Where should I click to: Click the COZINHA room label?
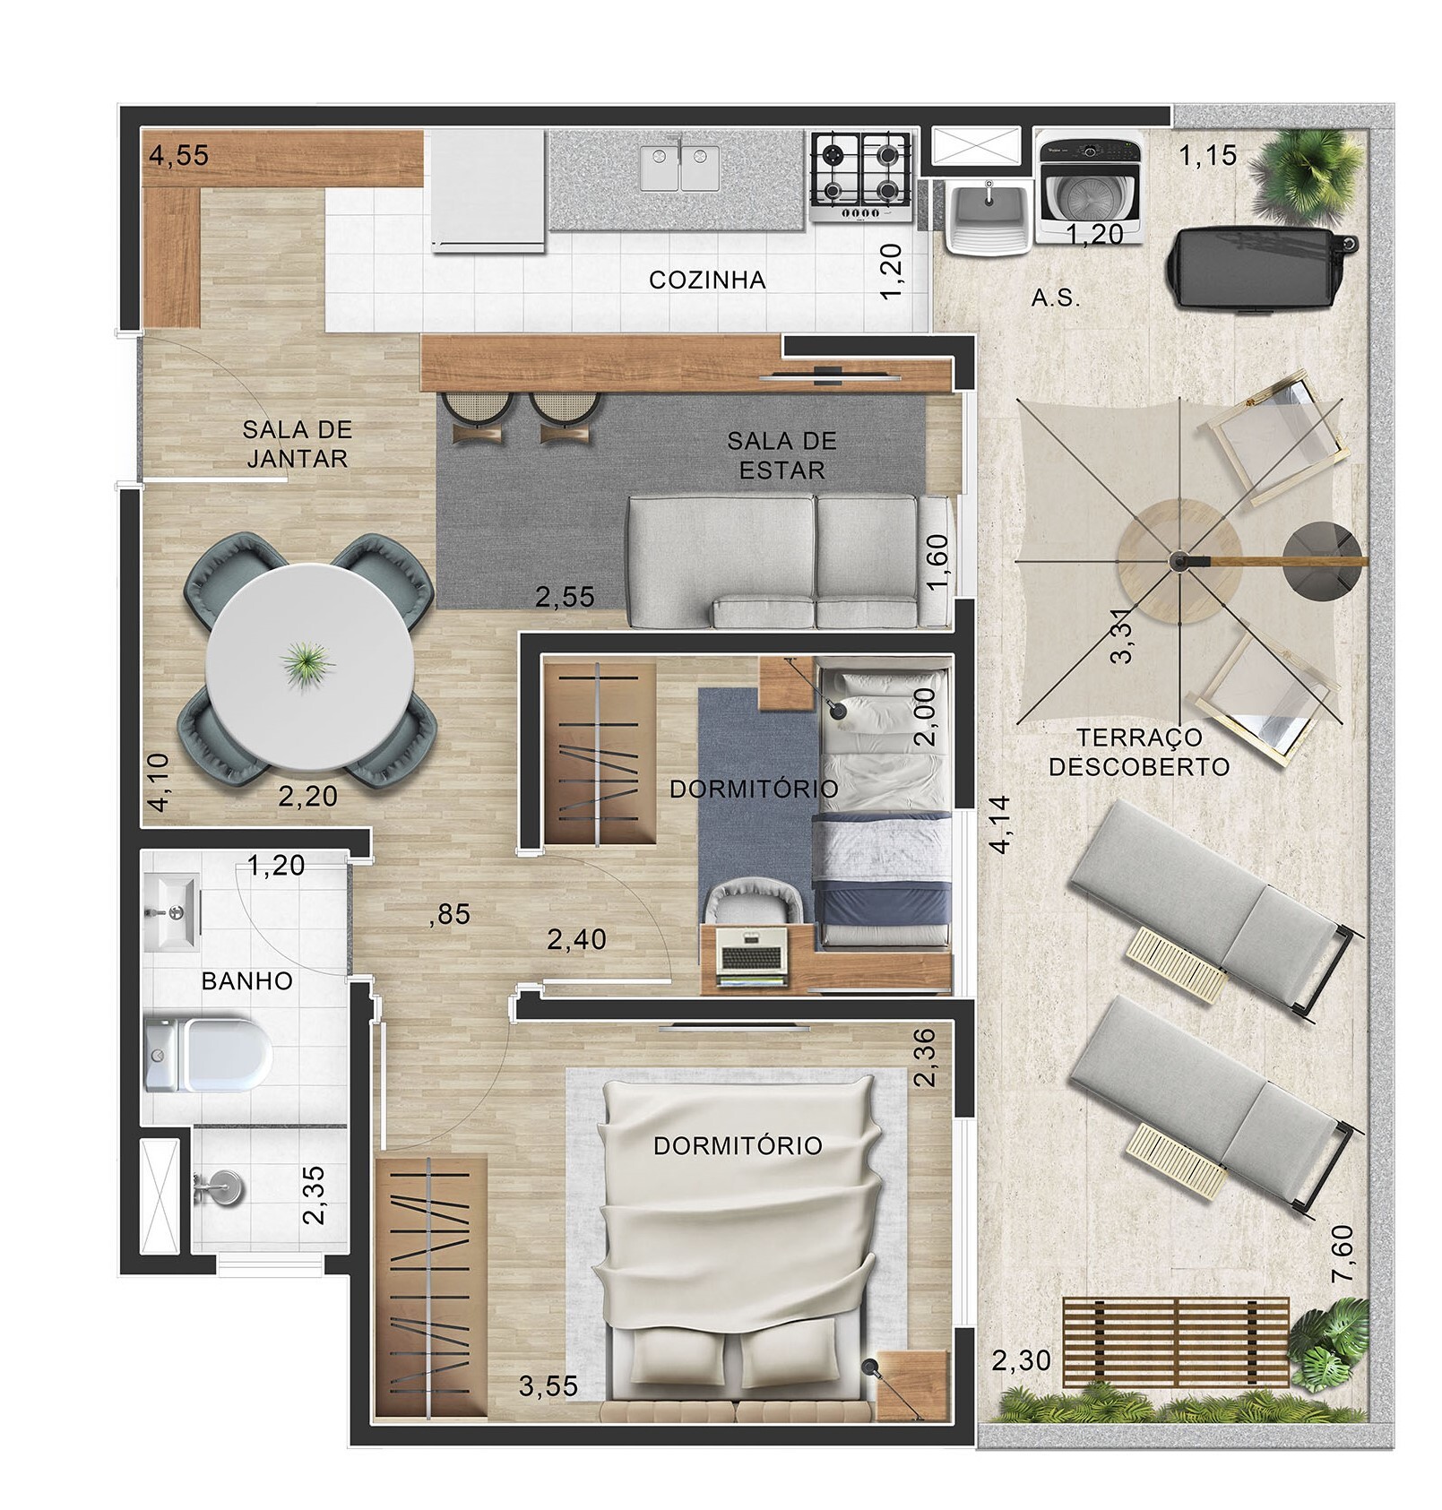(707, 280)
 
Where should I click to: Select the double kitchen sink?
(679, 168)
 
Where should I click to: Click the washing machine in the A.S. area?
(1088, 187)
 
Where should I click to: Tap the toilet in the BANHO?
(209, 1053)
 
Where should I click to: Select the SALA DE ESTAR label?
(781, 455)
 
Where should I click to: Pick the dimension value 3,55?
(548, 1386)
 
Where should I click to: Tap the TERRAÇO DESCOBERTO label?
(1138, 752)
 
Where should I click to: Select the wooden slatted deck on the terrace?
(1175, 1342)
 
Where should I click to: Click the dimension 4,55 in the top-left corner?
(179, 155)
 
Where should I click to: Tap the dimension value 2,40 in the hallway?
(576, 939)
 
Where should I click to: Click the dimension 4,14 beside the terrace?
(1000, 824)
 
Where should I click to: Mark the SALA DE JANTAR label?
(297, 444)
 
